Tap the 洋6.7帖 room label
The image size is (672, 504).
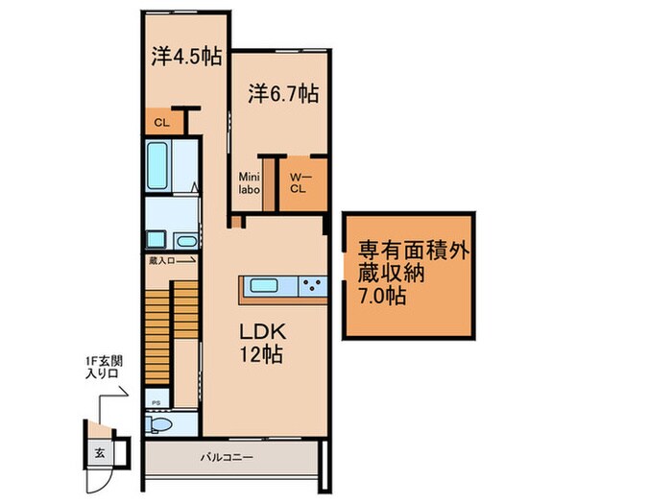coord(283,94)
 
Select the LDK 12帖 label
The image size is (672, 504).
coord(262,340)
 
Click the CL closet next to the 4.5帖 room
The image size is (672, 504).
coord(160,122)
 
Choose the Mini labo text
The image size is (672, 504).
coord(250,182)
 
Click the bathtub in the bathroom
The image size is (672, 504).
coord(160,168)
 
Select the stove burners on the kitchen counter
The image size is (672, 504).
coord(311,284)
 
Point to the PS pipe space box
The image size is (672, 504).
coord(155,402)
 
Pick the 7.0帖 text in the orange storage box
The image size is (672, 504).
coord(382,296)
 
